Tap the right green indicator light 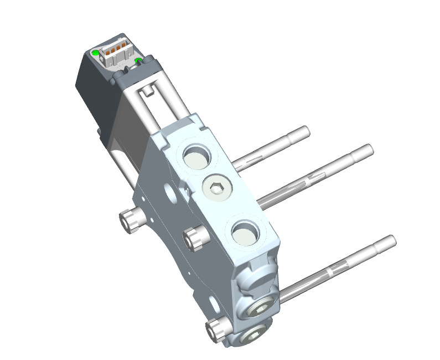pyautogui.click(x=138, y=60)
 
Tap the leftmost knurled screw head pyautogui.click(x=130, y=220)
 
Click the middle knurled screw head pyautogui.click(x=194, y=239)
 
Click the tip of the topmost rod pyautogui.click(x=305, y=131)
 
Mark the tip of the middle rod pyautogui.click(x=369, y=148)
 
